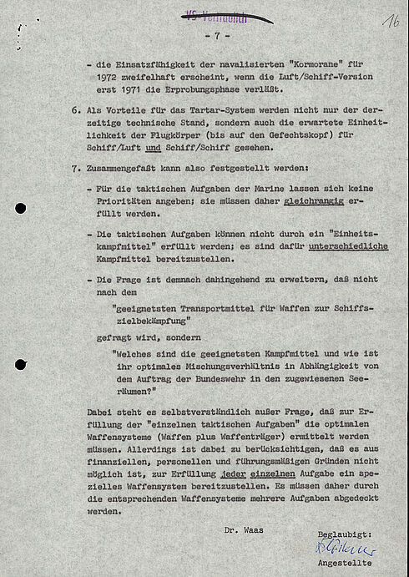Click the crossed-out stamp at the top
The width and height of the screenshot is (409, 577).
(215, 15)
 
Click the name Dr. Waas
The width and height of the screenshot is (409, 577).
(242, 529)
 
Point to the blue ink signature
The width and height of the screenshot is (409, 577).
(346, 549)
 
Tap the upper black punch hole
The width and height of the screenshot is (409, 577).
(20, 208)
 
